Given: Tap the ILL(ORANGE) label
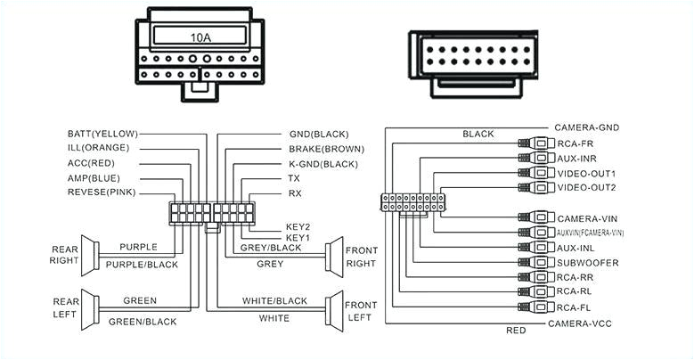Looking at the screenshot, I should pos(98,147).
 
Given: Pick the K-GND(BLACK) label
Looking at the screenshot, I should pos(323,164).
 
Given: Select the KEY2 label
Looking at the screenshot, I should pos(298,226).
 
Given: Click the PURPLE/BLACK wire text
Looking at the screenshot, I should pos(141,265).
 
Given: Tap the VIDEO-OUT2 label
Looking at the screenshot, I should pos(585,187).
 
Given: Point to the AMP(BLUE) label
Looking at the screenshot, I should pos(94,177).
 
